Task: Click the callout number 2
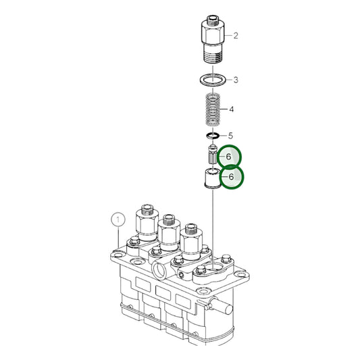[x=235, y=34]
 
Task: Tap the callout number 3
[x=235, y=80]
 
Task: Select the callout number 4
[x=231, y=109]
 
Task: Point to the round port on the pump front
[x=160, y=270]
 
